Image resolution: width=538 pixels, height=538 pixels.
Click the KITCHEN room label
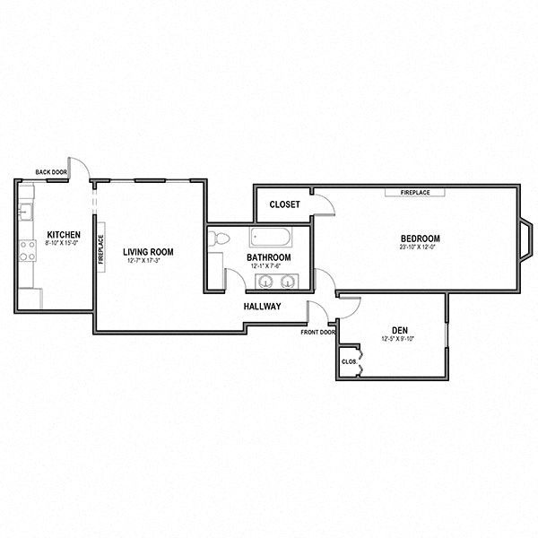(63, 234)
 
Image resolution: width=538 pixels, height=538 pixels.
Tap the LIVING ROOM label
(148, 252)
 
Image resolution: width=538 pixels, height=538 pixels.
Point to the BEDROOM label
(420, 238)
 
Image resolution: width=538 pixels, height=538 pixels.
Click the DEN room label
(400, 331)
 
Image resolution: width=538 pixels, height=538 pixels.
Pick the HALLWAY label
(263, 307)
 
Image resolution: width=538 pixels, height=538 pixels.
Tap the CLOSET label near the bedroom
(285, 204)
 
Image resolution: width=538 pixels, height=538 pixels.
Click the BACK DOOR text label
(51, 172)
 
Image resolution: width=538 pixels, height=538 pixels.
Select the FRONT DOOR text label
(318, 332)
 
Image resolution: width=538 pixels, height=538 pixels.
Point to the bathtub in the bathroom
(270, 239)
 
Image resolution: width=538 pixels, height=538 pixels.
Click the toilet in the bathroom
(219, 239)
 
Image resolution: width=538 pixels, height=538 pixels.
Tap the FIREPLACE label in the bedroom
(408, 192)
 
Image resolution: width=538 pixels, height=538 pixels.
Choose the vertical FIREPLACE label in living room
(100, 247)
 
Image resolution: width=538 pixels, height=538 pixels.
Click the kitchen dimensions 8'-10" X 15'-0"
(63, 243)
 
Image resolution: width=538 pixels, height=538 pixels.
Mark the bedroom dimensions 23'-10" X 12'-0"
(420, 247)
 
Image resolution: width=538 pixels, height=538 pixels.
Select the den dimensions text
(400, 340)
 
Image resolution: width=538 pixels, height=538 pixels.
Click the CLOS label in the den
(349, 361)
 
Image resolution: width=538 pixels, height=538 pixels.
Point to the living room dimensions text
(147, 261)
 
